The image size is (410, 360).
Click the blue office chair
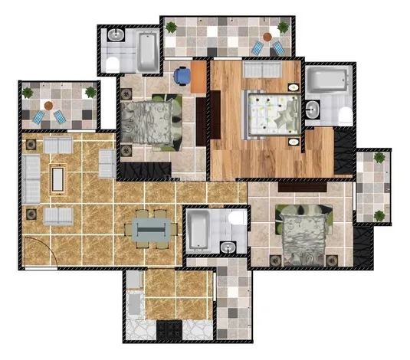(x=182, y=75)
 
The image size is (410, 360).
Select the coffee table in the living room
(x=57, y=179)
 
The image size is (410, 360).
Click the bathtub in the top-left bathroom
(x=145, y=51)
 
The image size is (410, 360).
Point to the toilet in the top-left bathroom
(x=113, y=62)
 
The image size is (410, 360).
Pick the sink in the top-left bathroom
(x=116, y=35)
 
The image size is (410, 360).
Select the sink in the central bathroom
(x=228, y=246)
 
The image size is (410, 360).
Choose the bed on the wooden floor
(x=269, y=113)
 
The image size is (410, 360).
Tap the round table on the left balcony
(x=48, y=106)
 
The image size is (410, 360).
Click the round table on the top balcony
(x=267, y=37)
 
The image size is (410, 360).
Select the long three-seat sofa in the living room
(x=31, y=178)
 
